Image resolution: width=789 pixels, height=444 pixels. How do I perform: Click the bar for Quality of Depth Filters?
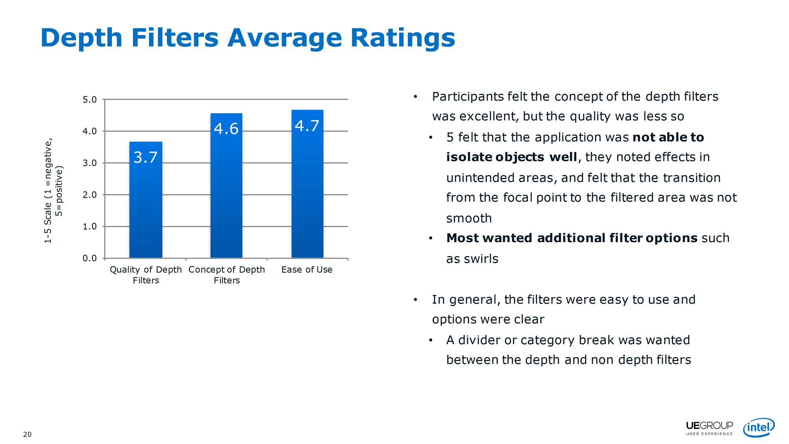coord(146,200)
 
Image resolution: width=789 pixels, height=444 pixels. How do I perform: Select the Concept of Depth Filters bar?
coord(226,185)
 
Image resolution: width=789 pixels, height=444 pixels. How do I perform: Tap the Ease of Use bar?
coord(307,184)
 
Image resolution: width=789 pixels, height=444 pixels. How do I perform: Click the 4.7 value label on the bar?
coord(307,126)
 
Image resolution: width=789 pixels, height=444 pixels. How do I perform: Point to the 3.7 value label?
coord(146,157)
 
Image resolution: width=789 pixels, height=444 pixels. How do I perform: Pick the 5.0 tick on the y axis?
coord(90,99)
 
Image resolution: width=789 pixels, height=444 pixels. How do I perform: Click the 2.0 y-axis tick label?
coord(90,195)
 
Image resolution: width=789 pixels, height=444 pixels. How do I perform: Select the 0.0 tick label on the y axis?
coord(90,258)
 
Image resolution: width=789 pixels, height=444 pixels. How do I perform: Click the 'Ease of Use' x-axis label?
coord(307,270)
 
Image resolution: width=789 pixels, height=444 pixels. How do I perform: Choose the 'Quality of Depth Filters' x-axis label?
coord(146,275)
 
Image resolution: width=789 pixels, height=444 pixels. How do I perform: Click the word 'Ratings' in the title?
coord(403,38)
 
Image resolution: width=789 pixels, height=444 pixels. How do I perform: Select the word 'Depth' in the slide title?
coord(82,38)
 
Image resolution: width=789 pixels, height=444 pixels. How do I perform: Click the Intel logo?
coord(759,427)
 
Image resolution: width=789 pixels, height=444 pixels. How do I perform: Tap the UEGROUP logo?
coord(709,428)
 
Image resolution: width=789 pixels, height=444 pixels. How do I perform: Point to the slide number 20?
coord(27,435)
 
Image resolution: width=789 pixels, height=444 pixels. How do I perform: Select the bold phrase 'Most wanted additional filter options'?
coord(572,238)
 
